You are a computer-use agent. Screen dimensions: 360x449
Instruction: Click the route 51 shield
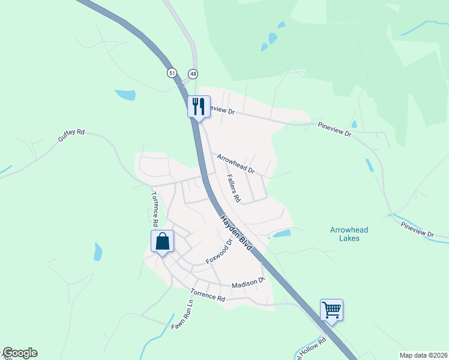coord(172,73)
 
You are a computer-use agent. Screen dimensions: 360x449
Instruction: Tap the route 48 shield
coord(192,73)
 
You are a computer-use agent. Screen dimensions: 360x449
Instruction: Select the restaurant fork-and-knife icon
coord(197,106)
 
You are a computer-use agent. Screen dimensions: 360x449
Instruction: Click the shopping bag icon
coord(162,242)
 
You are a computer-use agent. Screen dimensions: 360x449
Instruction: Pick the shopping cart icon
coord(331,310)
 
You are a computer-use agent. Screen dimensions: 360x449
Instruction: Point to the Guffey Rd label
coord(71,135)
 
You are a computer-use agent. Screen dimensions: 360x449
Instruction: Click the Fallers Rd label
coord(234,187)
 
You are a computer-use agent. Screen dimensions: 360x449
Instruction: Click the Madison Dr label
coord(248,283)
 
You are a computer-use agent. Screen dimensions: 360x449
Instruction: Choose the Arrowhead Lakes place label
coord(349,234)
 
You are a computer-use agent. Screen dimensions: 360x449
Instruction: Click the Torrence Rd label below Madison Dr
coord(208,295)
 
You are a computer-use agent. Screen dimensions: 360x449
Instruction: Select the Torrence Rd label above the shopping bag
coord(155,208)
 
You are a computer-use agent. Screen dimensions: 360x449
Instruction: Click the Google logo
coord(20,353)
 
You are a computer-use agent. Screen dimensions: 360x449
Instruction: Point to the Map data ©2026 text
coord(423,355)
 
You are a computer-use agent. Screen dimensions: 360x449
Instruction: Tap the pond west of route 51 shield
coord(125,95)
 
